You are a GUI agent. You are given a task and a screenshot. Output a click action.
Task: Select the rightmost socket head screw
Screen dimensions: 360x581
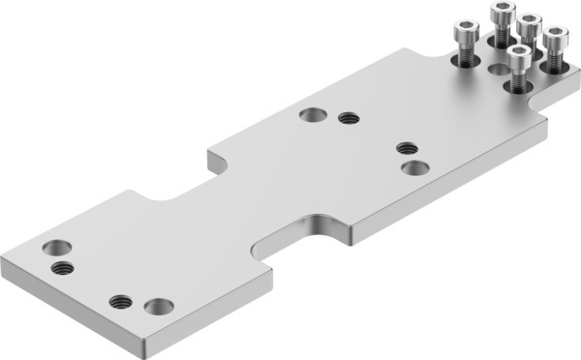(x=555, y=48)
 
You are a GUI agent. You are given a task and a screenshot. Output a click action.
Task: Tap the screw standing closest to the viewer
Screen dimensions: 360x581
(x=520, y=69)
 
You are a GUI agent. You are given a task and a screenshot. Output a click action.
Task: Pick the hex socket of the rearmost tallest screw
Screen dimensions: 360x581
(x=503, y=10)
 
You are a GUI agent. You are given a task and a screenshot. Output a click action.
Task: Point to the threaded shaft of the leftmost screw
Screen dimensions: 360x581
(x=466, y=57)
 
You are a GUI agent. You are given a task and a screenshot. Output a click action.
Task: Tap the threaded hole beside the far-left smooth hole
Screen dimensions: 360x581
(x=62, y=266)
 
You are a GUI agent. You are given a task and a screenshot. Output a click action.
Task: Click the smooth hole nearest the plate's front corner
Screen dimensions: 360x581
(x=158, y=308)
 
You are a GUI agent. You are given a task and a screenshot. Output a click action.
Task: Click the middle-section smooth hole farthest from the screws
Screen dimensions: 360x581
(x=312, y=115)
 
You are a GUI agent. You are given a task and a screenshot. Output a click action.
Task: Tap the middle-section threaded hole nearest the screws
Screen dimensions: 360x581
(x=407, y=148)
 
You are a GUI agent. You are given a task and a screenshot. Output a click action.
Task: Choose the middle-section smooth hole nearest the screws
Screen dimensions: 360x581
(x=415, y=167)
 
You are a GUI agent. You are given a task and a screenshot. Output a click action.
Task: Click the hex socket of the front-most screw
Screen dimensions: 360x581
(x=520, y=51)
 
